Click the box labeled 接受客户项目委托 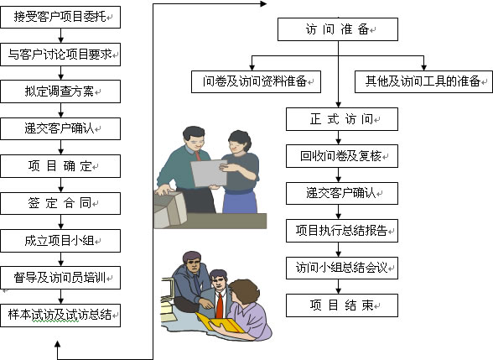60,17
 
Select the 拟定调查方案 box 60,91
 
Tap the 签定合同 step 60,203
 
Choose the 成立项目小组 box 60,241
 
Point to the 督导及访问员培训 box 60,278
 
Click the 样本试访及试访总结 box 60,315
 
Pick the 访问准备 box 338,29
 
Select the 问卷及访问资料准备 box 256,81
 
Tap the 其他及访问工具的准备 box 423,81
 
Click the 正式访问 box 342,119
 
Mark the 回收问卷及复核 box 342,156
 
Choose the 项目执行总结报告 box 342,231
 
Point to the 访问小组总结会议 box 342,268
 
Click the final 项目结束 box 342,305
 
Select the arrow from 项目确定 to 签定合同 60,185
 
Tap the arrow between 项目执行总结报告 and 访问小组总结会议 339,249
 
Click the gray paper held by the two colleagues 209,173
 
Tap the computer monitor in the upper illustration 169,209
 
